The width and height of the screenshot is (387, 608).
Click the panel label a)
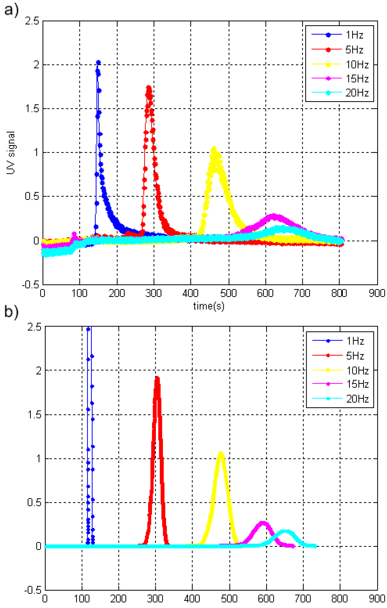(x=11, y=11)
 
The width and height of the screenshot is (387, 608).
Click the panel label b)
(x=11, y=313)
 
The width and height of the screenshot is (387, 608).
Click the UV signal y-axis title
(x=11, y=153)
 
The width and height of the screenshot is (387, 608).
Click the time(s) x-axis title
(x=209, y=306)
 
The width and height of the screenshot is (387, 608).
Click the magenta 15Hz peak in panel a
(x=273, y=216)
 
